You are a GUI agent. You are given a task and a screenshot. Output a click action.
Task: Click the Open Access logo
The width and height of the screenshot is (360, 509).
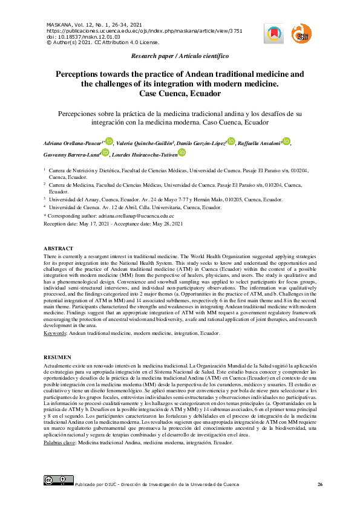(x=301, y=34)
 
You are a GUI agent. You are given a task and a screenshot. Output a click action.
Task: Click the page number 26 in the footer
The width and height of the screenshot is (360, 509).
(x=320, y=485)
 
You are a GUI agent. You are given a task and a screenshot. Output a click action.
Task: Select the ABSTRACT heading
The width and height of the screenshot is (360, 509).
(x=59, y=248)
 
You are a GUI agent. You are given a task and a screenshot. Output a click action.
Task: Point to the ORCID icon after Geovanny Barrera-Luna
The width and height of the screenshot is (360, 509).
(x=105, y=154)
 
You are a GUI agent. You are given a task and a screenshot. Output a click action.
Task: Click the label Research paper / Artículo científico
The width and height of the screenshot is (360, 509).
(x=180, y=56)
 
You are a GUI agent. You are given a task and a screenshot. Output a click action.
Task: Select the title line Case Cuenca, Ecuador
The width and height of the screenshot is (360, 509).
(x=180, y=94)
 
